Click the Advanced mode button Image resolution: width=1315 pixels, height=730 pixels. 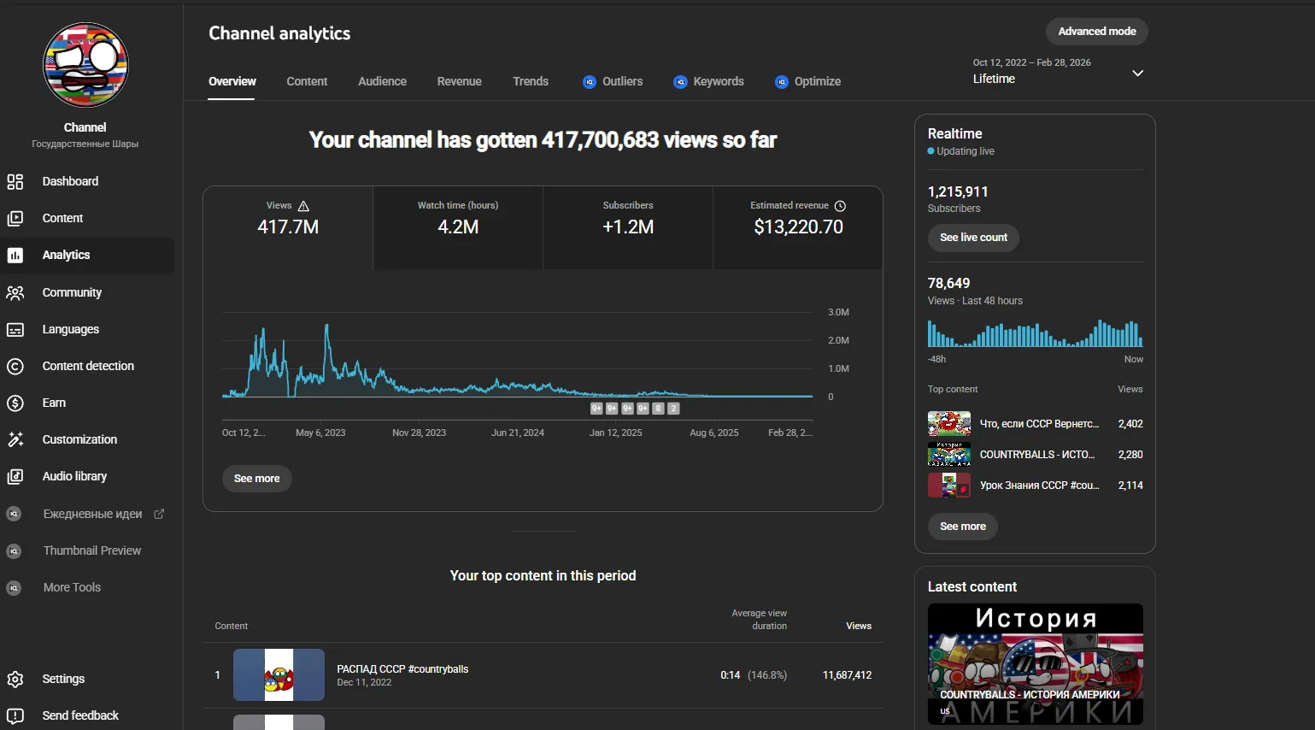(1096, 32)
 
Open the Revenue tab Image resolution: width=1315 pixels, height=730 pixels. (459, 81)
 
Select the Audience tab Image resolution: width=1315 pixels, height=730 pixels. (382, 81)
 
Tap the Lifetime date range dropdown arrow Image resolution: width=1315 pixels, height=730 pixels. (1138, 74)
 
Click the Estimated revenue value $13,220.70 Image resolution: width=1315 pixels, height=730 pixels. (798, 227)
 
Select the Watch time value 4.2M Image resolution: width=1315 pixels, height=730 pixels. (458, 227)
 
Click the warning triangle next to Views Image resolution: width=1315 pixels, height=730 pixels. (303, 206)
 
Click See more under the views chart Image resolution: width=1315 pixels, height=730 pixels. (256, 479)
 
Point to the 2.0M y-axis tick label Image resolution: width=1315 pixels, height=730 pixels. (838, 340)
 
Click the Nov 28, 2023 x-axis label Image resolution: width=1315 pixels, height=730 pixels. (420, 433)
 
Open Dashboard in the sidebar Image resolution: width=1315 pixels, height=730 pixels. (70, 181)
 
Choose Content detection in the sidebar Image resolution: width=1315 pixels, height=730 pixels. (88, 366)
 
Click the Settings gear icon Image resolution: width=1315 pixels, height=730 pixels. (15, 679)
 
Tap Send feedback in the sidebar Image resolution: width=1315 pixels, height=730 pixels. (80, 715)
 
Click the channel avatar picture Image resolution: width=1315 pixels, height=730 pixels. (85, 65)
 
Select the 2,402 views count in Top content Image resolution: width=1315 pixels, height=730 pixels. (1130, 424)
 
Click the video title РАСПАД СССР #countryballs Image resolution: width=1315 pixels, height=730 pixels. (402, 669)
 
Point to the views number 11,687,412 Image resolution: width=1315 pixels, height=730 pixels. (847, 675)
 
